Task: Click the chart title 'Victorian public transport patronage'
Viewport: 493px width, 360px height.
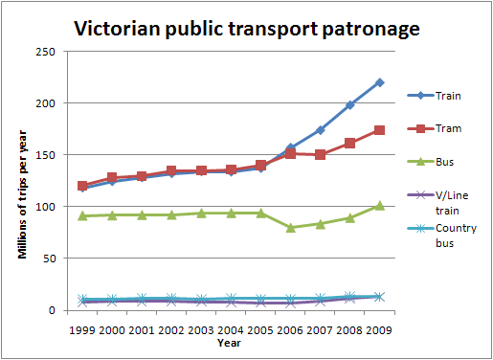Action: [x=246, y=29]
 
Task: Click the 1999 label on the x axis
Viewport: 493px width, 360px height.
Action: [x=83, y=326]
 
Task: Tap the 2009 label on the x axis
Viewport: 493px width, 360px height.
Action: [x=380, y=326]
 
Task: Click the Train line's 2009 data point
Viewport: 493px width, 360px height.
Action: [x=380, y=82]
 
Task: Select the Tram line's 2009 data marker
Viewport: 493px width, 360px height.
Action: [x=380, y=130]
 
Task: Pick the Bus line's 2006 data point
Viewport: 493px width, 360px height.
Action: [x=291, y=228]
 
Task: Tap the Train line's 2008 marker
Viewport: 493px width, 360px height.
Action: [x=350, y=104]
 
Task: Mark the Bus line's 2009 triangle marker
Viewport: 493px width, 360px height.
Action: [x=380, y=205]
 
